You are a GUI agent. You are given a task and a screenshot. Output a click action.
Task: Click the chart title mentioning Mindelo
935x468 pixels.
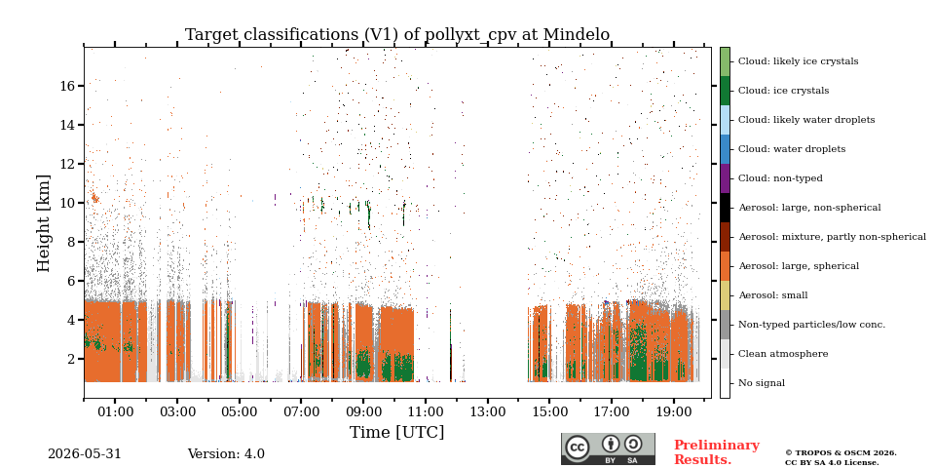click(397, 35)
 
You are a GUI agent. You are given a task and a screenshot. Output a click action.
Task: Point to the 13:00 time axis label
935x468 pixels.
click(488, 411)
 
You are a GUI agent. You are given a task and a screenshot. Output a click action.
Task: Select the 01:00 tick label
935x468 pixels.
click(115, 411)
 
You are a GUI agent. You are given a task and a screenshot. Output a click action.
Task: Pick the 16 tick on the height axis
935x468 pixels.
click(67, 86)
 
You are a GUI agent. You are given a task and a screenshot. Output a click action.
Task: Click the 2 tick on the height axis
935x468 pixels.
click(71, 359)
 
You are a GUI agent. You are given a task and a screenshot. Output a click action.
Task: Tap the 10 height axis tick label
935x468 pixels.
click(67, 203)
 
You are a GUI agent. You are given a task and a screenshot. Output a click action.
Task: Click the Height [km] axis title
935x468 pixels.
click(44, 223)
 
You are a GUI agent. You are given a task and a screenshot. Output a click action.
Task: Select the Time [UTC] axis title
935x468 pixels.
click(396, 432)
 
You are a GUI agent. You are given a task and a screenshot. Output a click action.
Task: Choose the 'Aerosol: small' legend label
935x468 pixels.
click(772, 295)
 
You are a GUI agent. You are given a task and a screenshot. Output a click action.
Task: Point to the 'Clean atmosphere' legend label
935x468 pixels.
click(783, 354)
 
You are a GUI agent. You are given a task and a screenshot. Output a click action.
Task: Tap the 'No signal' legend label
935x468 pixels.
click(762, 383)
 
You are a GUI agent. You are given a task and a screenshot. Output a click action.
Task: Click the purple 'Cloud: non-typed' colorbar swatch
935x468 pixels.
click(725, 178)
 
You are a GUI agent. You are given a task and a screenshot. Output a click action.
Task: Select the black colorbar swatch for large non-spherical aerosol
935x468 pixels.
click(725, 208)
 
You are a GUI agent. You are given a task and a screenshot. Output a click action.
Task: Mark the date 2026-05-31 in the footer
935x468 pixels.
click(84, 454)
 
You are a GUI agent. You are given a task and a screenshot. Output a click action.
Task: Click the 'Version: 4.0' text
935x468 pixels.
click(226, 454)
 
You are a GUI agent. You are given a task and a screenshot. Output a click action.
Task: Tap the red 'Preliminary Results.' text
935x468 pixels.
click(717, 452)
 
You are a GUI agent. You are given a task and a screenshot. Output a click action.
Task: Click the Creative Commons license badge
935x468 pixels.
click(608, 448)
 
